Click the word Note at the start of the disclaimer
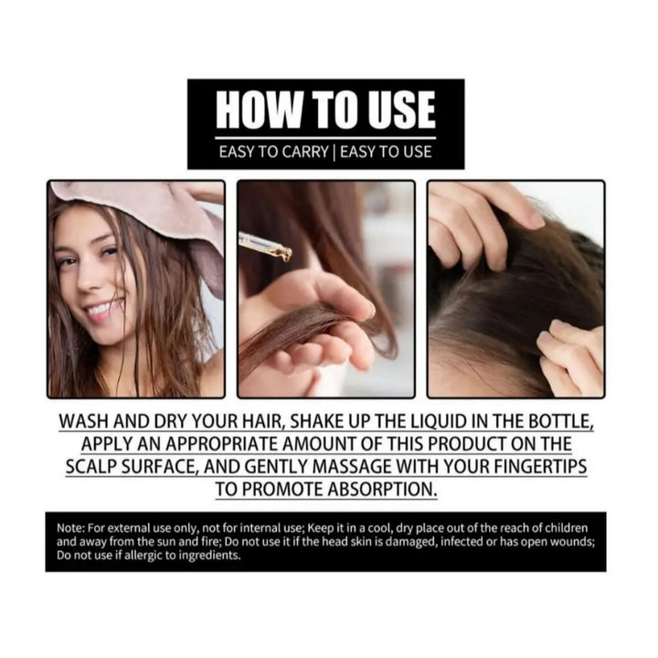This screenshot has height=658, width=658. pos(69,529)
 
